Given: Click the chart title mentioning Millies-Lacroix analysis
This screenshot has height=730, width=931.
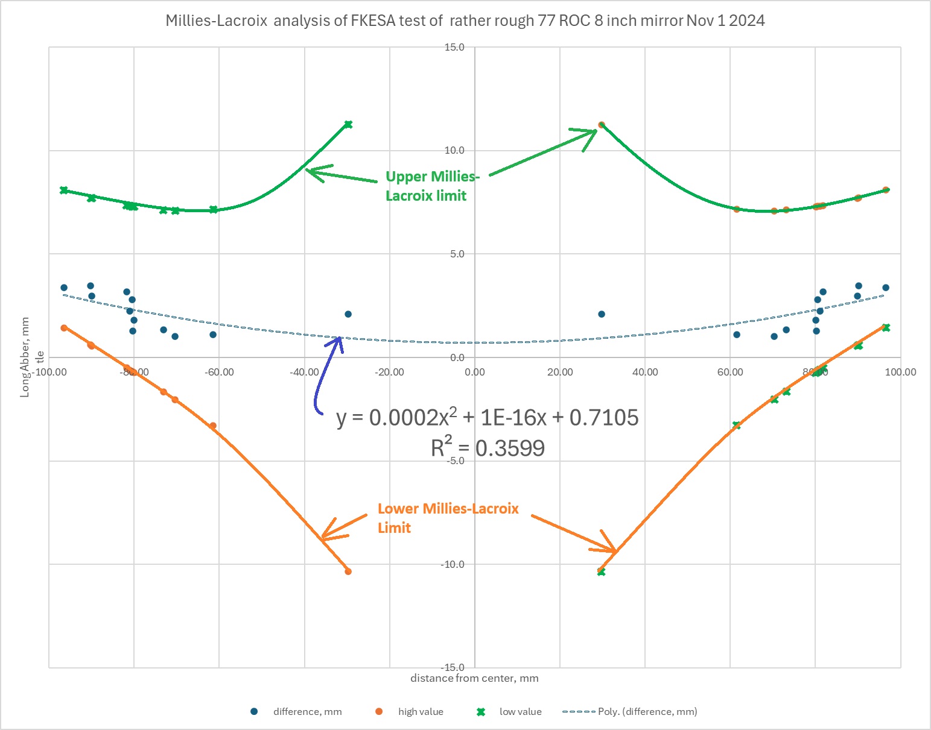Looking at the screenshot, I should coord(465,21).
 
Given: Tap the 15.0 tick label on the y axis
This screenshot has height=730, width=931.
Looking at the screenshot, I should coord(454,47).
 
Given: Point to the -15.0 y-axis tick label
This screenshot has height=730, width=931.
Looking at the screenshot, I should coord(452,667).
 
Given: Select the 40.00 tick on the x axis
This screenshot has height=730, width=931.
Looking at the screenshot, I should coord(645,372).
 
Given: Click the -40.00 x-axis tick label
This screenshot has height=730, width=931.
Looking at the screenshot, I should coord(303,372).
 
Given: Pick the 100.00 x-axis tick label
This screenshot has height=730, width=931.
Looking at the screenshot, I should coord(901,372).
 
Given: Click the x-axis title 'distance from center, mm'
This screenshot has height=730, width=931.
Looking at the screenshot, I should coord(474,678).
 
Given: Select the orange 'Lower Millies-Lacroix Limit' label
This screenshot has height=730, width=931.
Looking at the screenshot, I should coord(448,518).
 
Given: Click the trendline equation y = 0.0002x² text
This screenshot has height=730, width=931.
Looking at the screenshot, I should coord(488,417).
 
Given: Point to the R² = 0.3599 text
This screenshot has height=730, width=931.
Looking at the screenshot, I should coord(488,448).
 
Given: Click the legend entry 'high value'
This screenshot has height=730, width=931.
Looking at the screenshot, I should coord(420,712).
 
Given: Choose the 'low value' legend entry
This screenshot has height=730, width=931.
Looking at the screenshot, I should coord(520,712).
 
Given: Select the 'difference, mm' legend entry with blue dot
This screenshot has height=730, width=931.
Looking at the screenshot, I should coord(307,712).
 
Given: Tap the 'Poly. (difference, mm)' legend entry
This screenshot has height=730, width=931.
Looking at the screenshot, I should coord(647,712).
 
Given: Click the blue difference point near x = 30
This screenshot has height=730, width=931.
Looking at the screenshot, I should coord(602,314).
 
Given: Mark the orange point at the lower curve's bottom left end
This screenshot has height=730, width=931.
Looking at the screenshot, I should coord(348,571).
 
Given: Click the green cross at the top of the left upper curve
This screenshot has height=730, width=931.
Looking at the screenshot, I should coord(348,125).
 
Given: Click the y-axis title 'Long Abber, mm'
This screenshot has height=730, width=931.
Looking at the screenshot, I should coord(25,357).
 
